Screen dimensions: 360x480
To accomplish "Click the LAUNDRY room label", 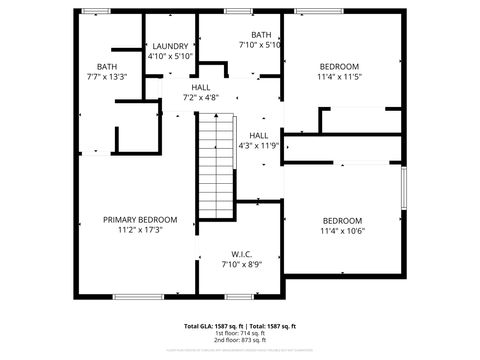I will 170,46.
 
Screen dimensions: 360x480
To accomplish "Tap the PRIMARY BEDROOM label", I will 140,219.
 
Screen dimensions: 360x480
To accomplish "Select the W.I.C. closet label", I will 240,253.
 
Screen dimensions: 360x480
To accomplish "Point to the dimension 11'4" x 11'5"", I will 338,76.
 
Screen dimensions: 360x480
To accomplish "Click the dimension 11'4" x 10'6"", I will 342,231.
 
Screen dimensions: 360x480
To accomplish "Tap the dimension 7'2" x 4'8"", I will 201,97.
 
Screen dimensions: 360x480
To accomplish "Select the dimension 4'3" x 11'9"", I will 259,145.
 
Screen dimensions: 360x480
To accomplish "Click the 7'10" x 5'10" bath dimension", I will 260,45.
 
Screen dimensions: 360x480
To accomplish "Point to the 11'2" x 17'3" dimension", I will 140,230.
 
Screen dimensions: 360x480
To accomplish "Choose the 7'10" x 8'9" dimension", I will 240,264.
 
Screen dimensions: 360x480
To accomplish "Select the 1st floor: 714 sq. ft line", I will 240,333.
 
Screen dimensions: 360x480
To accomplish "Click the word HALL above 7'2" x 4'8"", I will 201,87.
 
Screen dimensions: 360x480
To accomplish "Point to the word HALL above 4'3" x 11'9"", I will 259,135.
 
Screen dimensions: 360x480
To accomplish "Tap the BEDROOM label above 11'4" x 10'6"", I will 342,220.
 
